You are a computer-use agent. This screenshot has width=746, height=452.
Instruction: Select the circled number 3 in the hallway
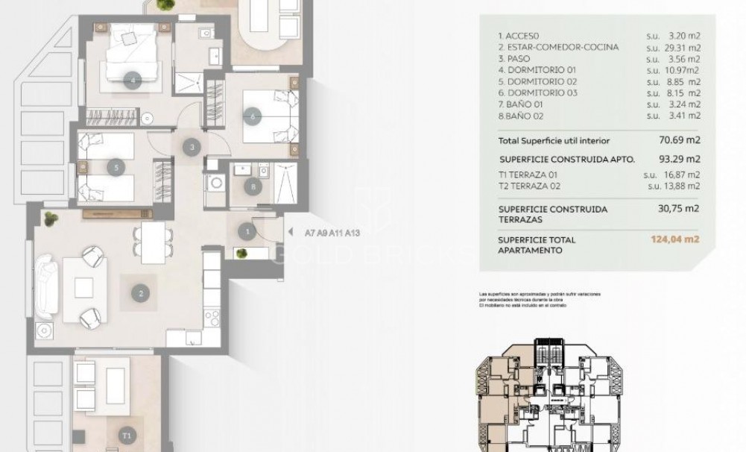pos(192,148)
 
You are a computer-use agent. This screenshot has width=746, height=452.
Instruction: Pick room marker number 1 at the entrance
pos(247,232)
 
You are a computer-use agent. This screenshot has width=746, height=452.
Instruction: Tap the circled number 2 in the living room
pos(139,293)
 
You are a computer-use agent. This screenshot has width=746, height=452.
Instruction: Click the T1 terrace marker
pos(127,434)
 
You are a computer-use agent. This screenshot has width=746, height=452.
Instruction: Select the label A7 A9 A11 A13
pos(332,233)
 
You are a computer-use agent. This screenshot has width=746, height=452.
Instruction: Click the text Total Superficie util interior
pos(554,140)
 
